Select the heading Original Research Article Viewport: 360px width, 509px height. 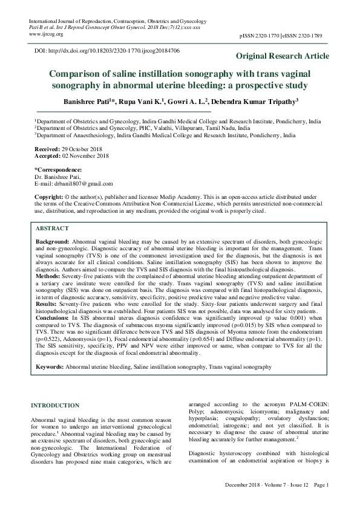tap(283, 56)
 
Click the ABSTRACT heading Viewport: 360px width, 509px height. tap(52, 229)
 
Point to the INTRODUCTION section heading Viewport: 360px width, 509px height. tap(54, 405)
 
